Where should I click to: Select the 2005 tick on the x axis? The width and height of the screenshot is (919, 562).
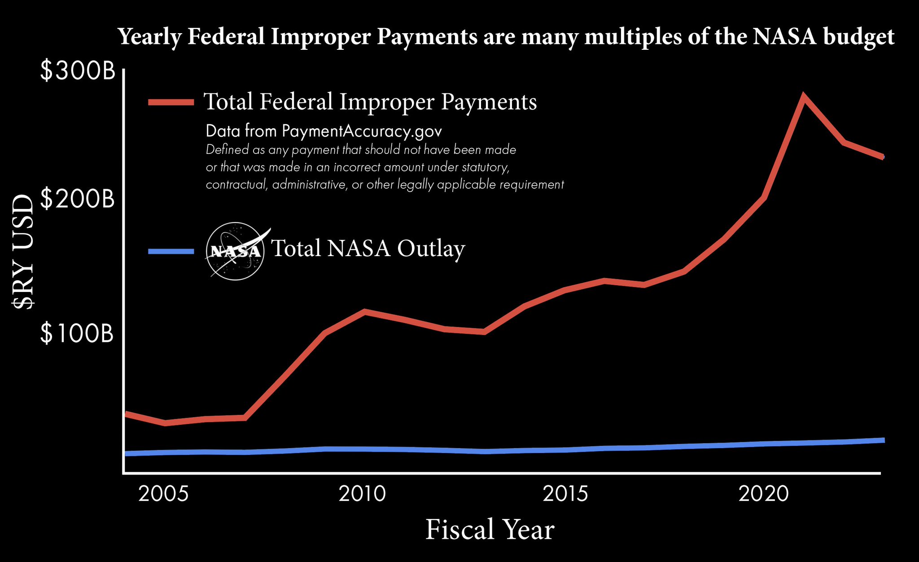click(x=163, y=494)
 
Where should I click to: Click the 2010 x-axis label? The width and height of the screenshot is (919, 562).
click(x=362, y=494)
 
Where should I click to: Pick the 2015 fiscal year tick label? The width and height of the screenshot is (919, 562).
click(x=565, y=494)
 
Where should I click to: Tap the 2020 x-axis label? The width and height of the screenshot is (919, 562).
click(x=764, y=494)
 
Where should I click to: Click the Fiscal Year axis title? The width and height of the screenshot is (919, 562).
click(x=490, y=530)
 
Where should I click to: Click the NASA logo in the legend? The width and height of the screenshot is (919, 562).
click(x=235, y=251)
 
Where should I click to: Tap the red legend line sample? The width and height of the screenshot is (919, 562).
click(x=171, y=102)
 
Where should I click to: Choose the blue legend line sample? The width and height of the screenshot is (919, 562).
click(x=171, y=251)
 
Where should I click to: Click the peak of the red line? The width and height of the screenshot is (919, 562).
click(x=803, y=96)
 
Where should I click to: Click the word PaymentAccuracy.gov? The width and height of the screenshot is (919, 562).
click(x=362, y=131)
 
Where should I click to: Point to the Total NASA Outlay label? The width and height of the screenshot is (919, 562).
click(x=368, y=248)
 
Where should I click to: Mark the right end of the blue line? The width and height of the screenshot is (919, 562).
click(x=883, y=440)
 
